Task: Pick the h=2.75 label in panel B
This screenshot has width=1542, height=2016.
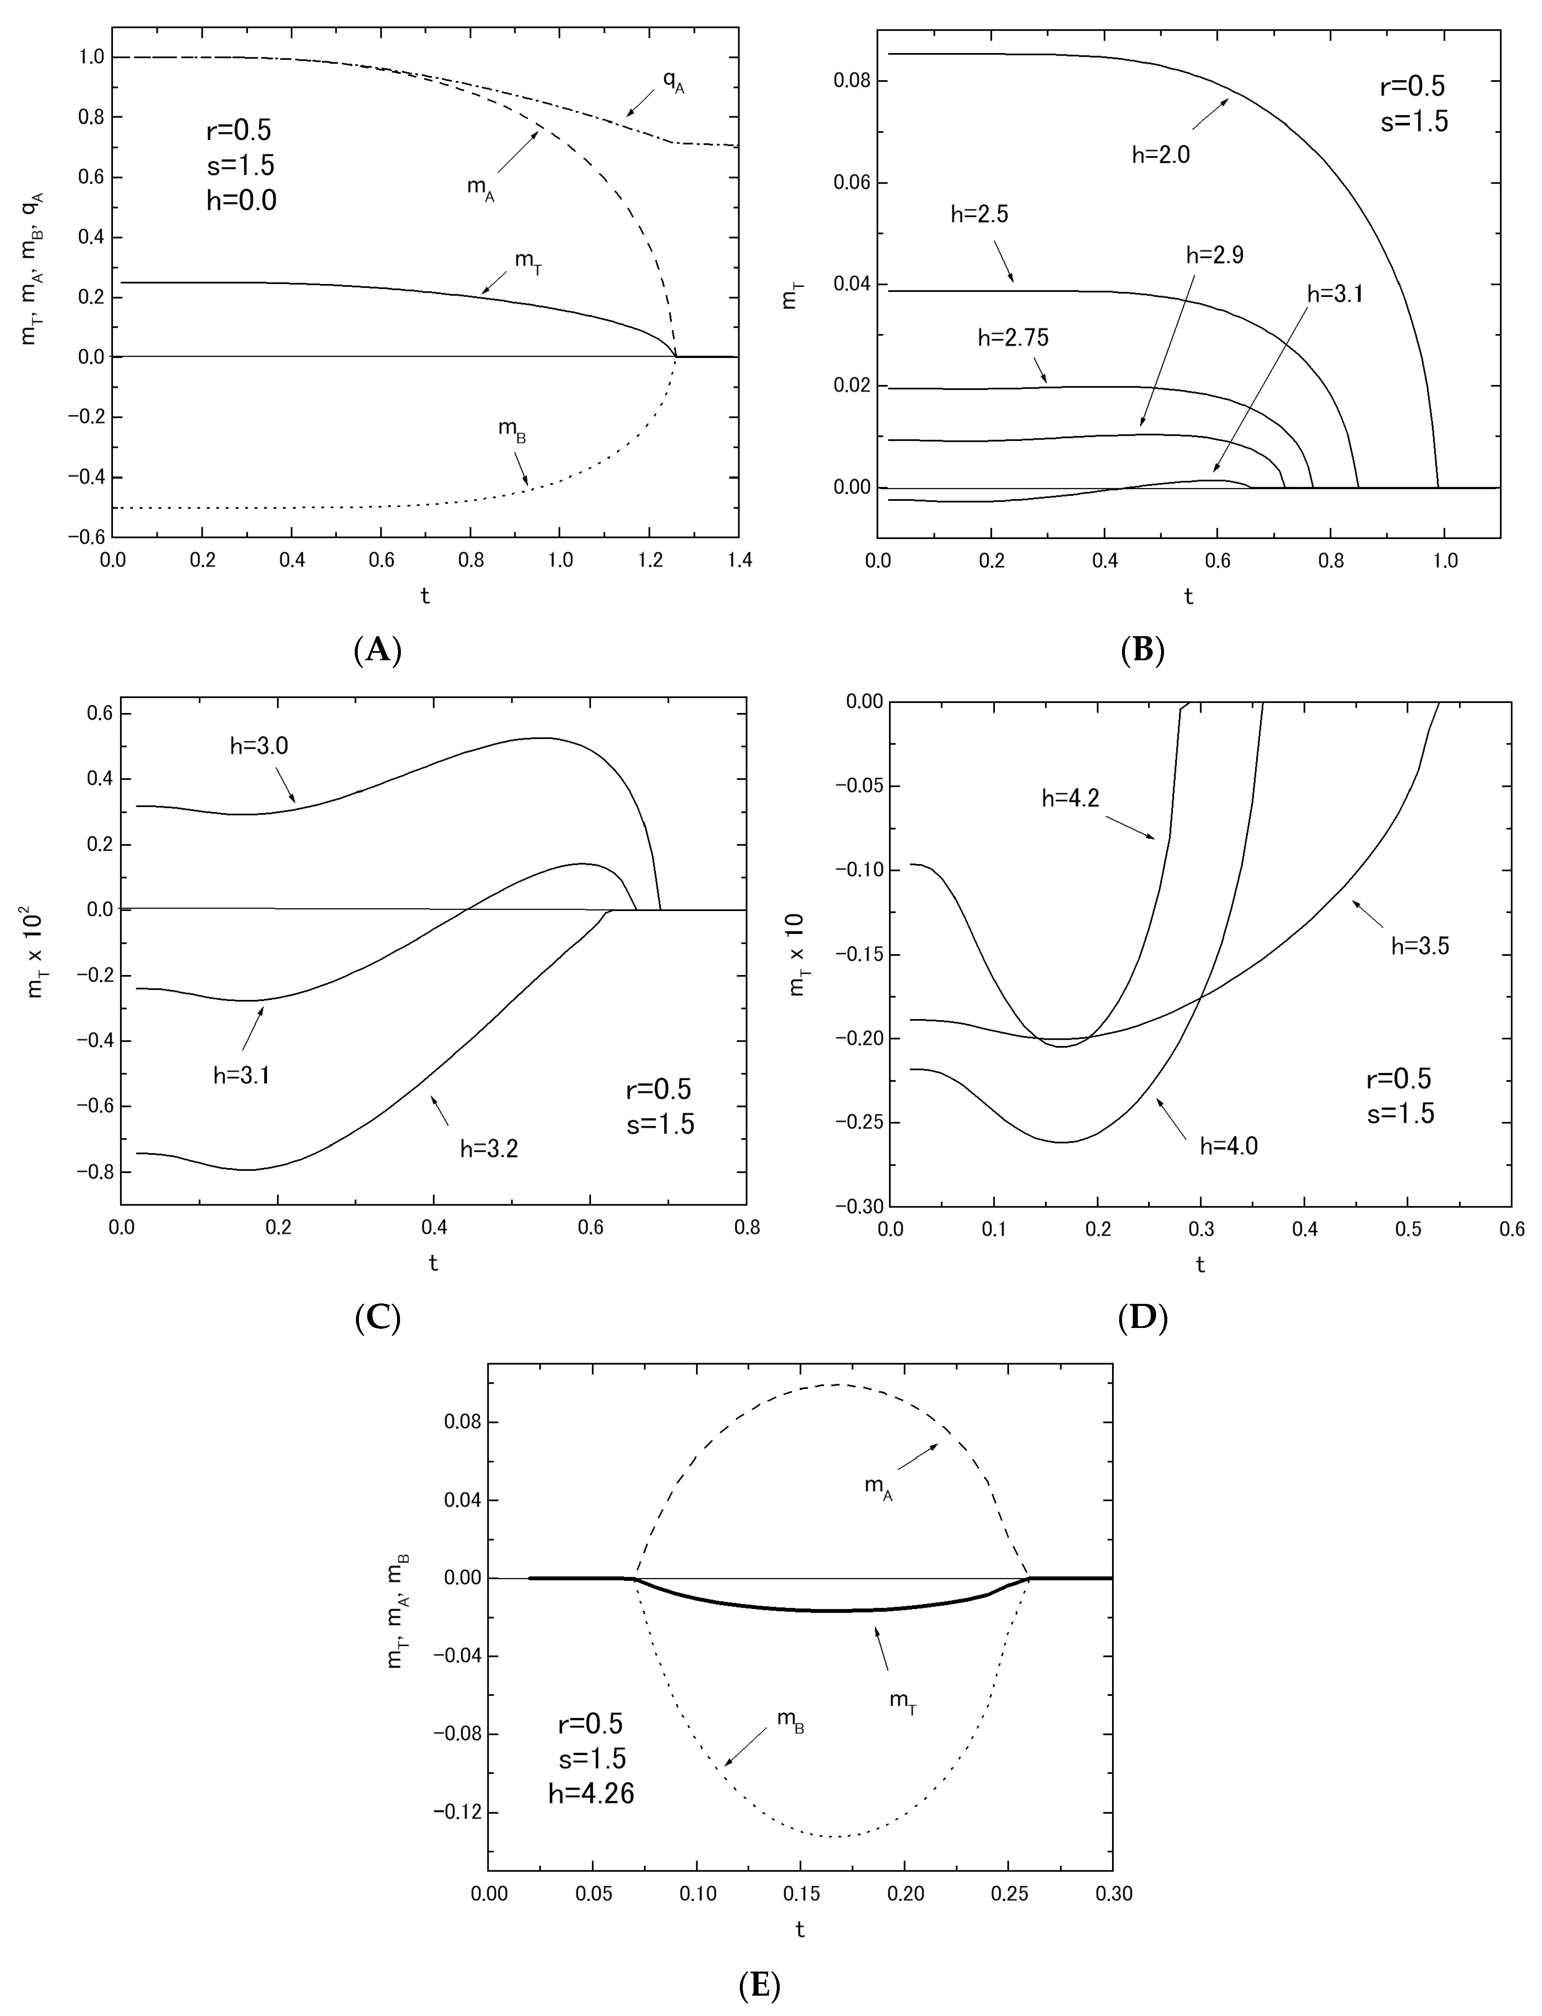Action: click(x=1013, y=338)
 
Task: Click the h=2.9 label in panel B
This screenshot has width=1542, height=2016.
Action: click(x=1214, y=256)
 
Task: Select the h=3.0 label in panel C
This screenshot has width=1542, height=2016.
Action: click(x=259, y=747)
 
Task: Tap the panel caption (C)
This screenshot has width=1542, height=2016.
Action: click(x=377, y=1318)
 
